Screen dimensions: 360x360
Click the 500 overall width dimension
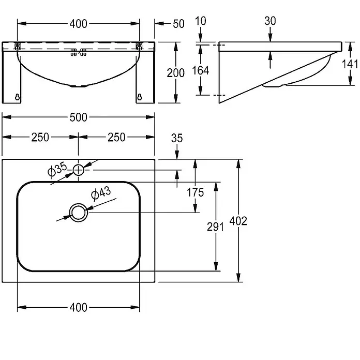78,117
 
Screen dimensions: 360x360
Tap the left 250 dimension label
40,137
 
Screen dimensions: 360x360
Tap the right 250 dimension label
116,137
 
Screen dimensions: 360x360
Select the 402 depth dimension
238,221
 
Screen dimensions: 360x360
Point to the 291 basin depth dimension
215,227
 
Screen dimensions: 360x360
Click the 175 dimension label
196,192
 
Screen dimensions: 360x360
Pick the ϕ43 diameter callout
101,193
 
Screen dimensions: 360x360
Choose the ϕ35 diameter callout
57,169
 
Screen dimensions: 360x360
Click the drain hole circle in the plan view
79,213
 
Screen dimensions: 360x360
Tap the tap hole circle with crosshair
79,170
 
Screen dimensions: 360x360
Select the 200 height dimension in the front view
176,73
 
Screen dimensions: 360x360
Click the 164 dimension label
201,70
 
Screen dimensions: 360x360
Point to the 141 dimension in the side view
350,64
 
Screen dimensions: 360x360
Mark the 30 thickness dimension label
270,21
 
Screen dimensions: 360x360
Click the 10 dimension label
201,21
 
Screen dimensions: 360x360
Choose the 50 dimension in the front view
178,24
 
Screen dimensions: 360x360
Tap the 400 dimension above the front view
78,24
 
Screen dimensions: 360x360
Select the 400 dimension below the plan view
78,307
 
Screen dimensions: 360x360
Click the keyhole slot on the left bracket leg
17,97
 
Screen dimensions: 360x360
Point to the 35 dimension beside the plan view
177,139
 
